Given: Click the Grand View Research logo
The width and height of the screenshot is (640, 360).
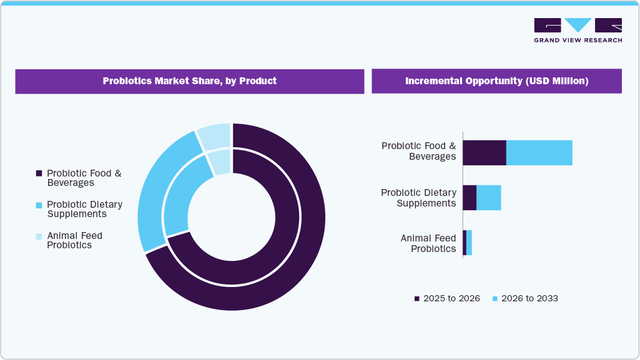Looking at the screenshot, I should [578, 30].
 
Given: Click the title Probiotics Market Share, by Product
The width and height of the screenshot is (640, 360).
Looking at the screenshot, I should [189, 81].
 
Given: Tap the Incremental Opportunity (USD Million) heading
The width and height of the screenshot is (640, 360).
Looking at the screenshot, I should [496, 81].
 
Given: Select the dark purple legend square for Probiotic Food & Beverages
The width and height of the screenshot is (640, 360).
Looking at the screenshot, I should [39, 173].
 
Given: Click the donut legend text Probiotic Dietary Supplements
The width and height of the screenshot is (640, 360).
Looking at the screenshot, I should [84, 209].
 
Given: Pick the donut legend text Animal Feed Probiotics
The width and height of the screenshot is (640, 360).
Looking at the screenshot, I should [74, 240].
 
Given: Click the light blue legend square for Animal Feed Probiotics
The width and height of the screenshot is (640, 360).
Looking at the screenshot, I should [39, 236].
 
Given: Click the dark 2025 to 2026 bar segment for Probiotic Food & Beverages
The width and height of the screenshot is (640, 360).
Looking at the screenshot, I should [484, 153].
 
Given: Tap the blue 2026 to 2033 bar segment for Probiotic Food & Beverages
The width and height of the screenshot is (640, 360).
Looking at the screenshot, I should [539, 153].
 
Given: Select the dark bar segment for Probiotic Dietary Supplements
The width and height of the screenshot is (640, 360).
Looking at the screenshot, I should [470, 198].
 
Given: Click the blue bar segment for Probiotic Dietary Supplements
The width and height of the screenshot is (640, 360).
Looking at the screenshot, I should [489, 198].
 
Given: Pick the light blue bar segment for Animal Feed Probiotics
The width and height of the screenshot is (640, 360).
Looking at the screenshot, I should [469, 243].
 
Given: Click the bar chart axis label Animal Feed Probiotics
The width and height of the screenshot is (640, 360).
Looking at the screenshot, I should [428, 243].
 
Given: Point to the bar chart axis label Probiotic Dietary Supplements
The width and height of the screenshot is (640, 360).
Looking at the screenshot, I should [418, 198].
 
